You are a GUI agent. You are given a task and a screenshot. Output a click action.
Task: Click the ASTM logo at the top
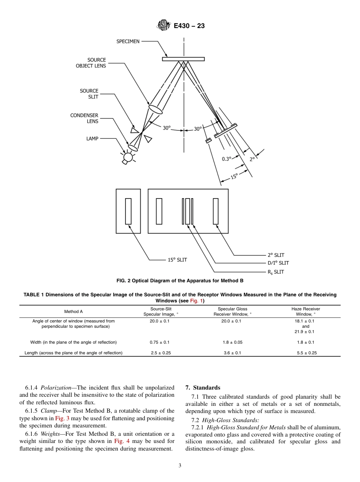pos(163,26)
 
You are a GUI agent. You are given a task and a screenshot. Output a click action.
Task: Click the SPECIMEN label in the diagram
pos(128,41)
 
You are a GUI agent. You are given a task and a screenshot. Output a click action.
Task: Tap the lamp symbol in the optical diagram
pos(128,157)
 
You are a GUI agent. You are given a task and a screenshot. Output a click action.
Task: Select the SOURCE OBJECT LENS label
pos(91,63)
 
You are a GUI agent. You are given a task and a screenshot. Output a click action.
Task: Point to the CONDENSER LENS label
pos(84,118)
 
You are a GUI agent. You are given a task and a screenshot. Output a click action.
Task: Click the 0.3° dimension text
pos(227,159)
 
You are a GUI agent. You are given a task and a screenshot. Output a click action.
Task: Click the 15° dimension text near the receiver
pos(234,177)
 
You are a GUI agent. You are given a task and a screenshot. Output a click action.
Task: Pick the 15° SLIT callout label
pos(177,260)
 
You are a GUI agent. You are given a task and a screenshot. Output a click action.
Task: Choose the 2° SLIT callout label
pos(276,255)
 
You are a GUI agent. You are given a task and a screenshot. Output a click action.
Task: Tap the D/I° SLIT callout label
pos(278,263)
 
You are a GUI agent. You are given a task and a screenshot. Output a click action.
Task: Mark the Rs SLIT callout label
pos(276,272)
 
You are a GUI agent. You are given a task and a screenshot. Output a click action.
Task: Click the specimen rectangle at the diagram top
pos(183,59)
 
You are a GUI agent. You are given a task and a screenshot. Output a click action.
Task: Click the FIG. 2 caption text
pos(180,281)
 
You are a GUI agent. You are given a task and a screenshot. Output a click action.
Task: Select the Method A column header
pos(74,311)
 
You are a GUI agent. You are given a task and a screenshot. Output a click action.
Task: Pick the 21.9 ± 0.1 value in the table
pos(305,332)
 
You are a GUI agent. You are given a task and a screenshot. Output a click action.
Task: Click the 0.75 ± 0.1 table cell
pos(160,342)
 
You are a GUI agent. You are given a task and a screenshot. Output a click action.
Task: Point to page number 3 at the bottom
pos(180,466)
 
